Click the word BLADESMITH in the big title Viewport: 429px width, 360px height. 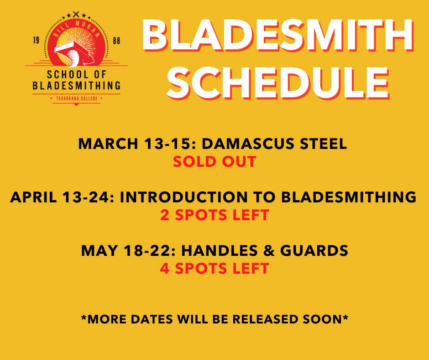[277, 36]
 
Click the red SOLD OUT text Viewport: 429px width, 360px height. [214, 161]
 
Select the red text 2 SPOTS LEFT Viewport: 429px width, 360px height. [214, 215]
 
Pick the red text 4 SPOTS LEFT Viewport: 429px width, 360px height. [214, 268]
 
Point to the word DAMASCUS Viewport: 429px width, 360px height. [249, 143]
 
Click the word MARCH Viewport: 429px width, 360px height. [108, 143]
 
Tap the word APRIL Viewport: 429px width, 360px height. [34, 197]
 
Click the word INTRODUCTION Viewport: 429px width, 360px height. [183, 197]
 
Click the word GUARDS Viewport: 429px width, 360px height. [314, 250]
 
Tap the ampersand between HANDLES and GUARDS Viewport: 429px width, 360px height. [269, 250]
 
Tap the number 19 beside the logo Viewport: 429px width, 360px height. [36, 41]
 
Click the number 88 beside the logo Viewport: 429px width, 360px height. [116, 41]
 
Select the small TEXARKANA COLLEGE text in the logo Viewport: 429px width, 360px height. [77, 98]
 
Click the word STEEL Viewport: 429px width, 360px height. [324, 143]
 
